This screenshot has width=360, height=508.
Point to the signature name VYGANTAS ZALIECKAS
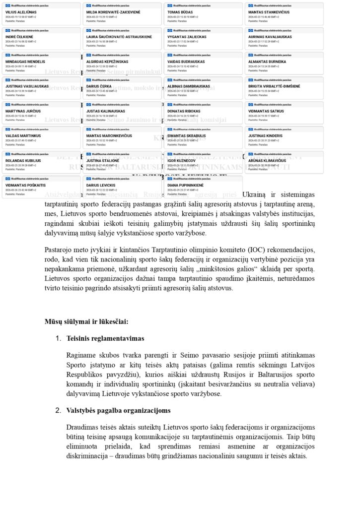pyautogui.click(x=187, y=37)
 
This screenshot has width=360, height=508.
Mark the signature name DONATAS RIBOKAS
pyautogui.click(x=183, y=111)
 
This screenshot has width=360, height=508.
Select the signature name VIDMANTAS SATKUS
pyautogui.click(x=266, y=111)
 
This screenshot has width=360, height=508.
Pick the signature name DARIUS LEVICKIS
pyautogui.click(x=101, y=186)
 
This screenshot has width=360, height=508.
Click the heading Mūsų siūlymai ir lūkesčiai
pyautogui.click(x=86, y=321)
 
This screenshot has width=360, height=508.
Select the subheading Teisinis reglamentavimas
pyautogui.click(x=105, y=338)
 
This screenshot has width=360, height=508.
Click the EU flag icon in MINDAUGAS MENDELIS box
pyautogui.click(x=7, y=55)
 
